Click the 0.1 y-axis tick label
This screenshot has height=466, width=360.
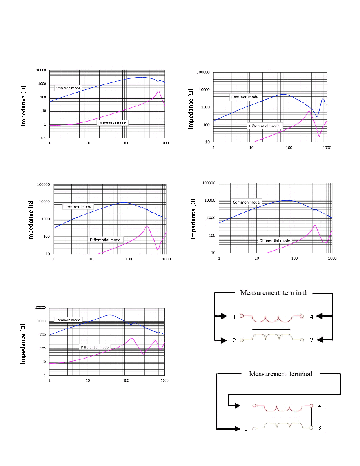[44, 138]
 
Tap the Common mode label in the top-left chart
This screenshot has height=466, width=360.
[68, 88]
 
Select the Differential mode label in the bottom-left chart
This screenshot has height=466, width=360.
[95, 347]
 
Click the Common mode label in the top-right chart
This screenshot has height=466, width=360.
[245, 97]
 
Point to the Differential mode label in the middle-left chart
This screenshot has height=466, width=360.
[105, 240]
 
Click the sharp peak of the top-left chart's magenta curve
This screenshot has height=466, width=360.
[158, 91]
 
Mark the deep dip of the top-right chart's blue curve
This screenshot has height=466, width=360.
[317, 116]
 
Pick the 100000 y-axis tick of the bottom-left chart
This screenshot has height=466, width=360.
[40, 308]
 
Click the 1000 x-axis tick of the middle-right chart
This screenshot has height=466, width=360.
[332, 258]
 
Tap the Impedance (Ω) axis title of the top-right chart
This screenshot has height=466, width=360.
[191, 109]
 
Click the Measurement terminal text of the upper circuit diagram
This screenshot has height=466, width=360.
[273, 293]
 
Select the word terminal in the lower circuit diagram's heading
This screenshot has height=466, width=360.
[301, 374]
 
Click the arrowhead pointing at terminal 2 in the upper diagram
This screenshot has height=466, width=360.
[224, 340]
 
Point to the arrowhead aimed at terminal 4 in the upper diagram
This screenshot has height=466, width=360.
[320, 316]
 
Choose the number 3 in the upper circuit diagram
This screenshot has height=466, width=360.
[312, 340]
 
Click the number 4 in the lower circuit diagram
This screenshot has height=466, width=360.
[320, 406]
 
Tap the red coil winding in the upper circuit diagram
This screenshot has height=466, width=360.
[272, 319]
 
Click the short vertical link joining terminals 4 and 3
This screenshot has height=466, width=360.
[311, 417]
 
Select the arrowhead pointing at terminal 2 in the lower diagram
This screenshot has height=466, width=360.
[237, 429]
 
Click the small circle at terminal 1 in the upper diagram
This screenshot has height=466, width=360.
[242, 316]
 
